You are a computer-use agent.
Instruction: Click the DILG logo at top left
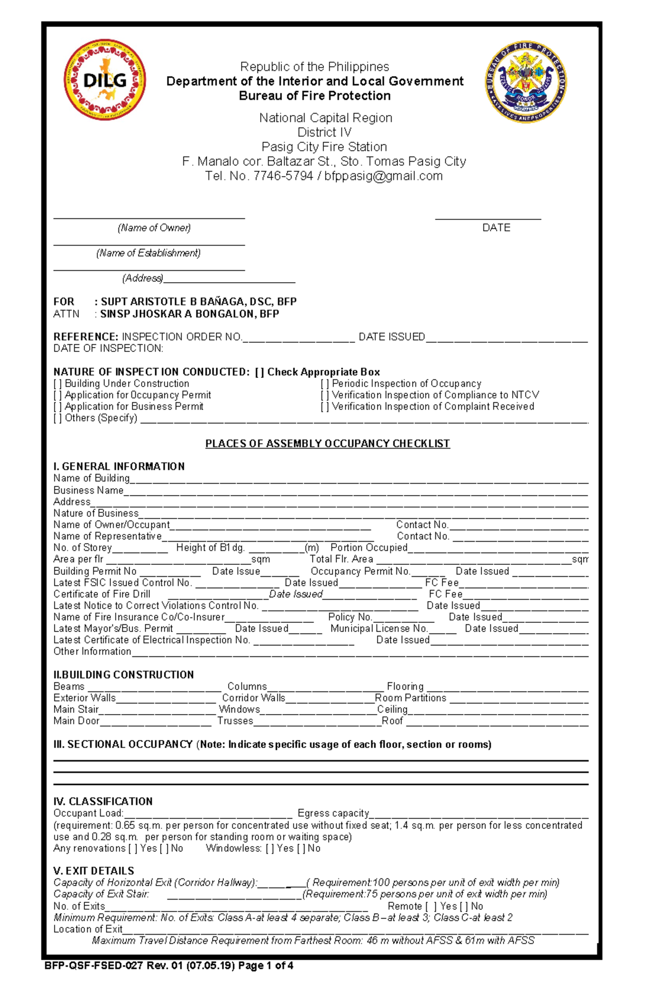coord(104,79)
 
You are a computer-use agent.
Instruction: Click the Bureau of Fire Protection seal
coord(526,82)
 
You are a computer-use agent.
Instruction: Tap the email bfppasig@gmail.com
coord(383,176)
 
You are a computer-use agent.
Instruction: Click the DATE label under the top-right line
coord(496,228)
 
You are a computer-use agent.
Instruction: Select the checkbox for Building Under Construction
coord(57,384)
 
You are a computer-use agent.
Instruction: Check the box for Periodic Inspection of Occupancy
coord(325,384)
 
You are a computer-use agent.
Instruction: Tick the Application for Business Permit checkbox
coord(57,407)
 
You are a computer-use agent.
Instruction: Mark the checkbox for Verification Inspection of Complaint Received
coord(325,407)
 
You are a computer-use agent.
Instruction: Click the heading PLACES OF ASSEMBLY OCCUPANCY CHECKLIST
coord(327,444)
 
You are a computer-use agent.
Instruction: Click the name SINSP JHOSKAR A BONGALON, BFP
coord(189,314)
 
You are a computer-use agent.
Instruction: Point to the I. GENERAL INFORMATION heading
coord(119,467)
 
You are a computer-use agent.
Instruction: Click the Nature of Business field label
coord(96,513)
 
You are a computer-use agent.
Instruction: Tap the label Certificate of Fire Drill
coord(102,594)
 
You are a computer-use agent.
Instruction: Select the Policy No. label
coord(350,617)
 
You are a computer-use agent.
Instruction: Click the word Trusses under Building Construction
coord(235,721)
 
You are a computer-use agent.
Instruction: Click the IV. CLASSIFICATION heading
coord(103,802)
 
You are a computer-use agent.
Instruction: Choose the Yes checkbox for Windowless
coord(270,849)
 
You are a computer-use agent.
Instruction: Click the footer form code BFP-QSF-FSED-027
coord(94,966)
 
